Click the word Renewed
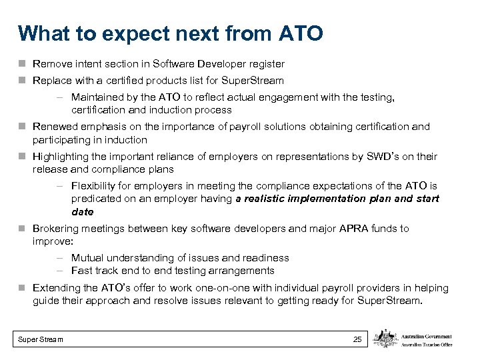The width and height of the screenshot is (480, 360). (54, 127)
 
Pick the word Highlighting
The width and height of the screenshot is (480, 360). (61, 157)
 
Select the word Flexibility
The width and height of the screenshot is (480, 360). (95, 186)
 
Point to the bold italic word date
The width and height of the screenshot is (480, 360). (82, 212)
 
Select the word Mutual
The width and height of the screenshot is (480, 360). (87, 258)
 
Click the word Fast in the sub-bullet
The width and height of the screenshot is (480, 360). (81, 271)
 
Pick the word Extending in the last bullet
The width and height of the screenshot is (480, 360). (55, 288)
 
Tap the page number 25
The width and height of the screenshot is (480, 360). (357, 340)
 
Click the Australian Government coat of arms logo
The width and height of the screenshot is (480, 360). (385, 339)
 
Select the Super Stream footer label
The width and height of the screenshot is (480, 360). (41, 340)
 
